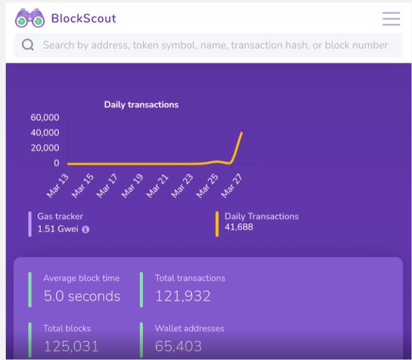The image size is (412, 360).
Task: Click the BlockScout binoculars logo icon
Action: point(30,19)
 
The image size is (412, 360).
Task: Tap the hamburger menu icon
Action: point(391,19)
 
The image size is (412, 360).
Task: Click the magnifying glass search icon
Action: point(27,45)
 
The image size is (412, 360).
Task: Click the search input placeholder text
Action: point(215,45)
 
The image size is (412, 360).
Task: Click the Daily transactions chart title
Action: point(141,104)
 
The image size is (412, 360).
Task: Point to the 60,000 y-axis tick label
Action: point(45,117)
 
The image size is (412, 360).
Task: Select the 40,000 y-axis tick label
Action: point(45,132)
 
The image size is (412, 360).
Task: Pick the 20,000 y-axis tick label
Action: point(45,148)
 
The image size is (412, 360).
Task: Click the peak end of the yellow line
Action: point(242,132)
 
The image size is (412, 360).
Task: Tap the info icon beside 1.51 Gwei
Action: point(86,229)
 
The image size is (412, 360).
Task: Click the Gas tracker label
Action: point(60,216)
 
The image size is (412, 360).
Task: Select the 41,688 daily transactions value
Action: point(239,227)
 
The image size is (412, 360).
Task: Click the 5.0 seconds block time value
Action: point(82,296)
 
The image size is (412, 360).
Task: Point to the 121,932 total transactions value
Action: point(183,296)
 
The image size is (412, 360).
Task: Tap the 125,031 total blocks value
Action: point(71,346)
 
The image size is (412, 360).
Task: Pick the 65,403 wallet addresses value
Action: point(179,346)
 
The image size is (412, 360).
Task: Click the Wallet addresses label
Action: point(190,328)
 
